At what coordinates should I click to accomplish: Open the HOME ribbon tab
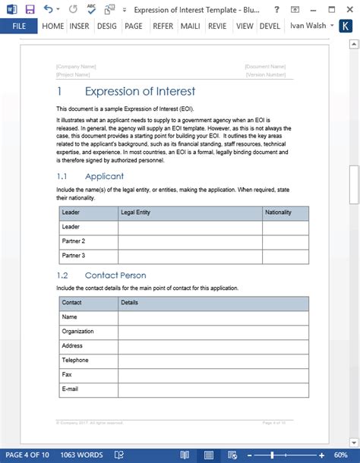pyautogui.click(x=52, y=25)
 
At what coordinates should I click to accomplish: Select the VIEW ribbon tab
pyautogui.click(x=244, y=25)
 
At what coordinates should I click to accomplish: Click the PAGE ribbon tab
pyautogui.click(x=134, y=25)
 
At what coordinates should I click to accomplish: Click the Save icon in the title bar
pyautogui.click(x=30, y=8)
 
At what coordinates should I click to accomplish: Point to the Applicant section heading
pyautogui.click(x=104, y=177)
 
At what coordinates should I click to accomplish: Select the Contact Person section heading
pyautogui.click(x=115, y=276)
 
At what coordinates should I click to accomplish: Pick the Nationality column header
pyautogui.click(x=278, y=213)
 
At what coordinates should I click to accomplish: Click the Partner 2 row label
pyautogui.click(x=73, y=241)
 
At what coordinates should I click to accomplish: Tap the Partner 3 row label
pyautogui.click(x=73, y=256)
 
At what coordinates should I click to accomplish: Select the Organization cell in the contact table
pyautogui.click(x=77, y=332)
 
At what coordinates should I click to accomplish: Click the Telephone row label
pyautogui.click(x=75, y=361)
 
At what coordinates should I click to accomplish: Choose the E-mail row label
pyautogui.click(x=70, y=389)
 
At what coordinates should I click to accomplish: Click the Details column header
pyautogui.click(x=129, y=303)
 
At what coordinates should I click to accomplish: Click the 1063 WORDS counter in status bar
pyautogui.click(x=81, y=455)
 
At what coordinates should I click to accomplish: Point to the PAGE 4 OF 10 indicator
pyautogui.click(x=27, y=455)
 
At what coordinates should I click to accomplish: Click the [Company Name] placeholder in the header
pyautogui.click(x=76, y=67)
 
